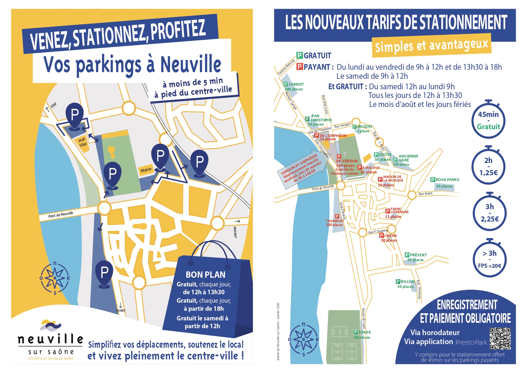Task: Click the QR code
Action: tap(500, 338)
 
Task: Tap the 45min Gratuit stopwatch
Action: tap(489, 120)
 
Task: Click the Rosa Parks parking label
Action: tap(445, 182)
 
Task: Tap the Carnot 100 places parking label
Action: tap(294, 87)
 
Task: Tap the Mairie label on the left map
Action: tap(146, 170)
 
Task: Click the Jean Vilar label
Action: tap(82, 142)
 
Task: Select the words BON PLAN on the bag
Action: tap(206, 275)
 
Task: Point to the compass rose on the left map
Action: tap(55, 278)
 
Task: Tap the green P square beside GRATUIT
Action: tap(300, 55)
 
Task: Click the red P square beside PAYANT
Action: tap(300, 67)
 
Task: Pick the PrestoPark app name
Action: tap(471, 342)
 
